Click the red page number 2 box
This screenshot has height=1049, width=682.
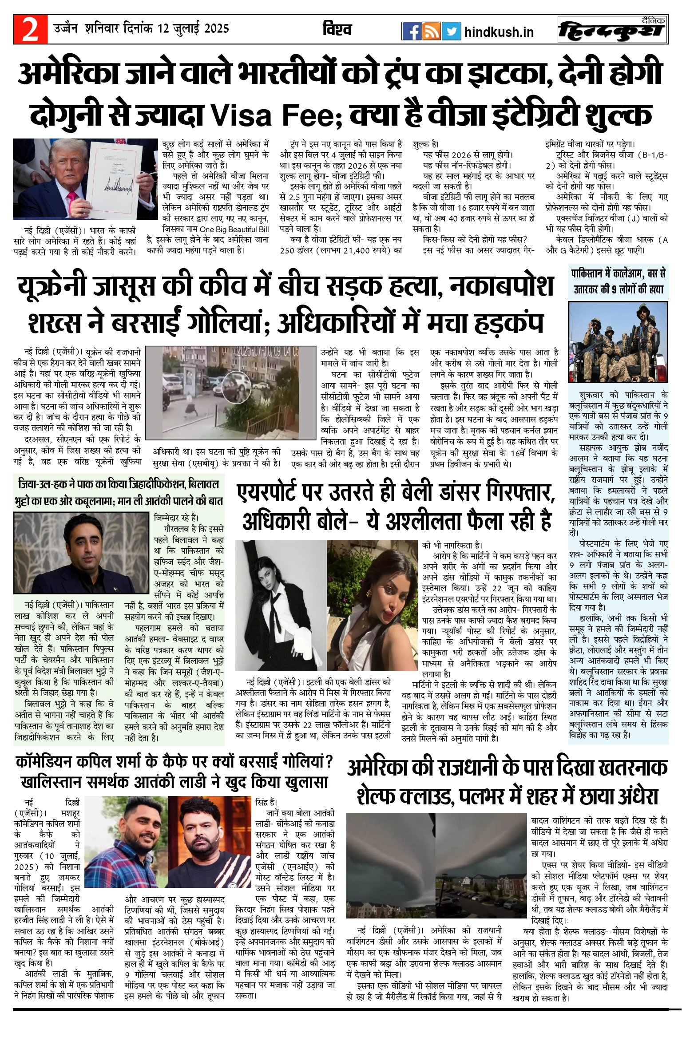pyautogui.click(x=30, y=29)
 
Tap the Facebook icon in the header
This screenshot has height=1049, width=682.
pyautogui.click(x=411, y=31)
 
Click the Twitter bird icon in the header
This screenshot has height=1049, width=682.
pyautogui.click(x=451, y=31)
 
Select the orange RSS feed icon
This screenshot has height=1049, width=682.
pyautogui.click(x=431, y=31)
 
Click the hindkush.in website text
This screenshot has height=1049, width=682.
pyautogui.click(x=499, y=32)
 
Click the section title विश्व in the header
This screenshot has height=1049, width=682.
pyautogui.click(x=337, y=29)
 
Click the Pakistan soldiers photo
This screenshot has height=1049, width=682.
pyautogui.click(x=618, y=341)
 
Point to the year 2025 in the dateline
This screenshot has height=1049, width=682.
pyautogui.click(x=217, y=29)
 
